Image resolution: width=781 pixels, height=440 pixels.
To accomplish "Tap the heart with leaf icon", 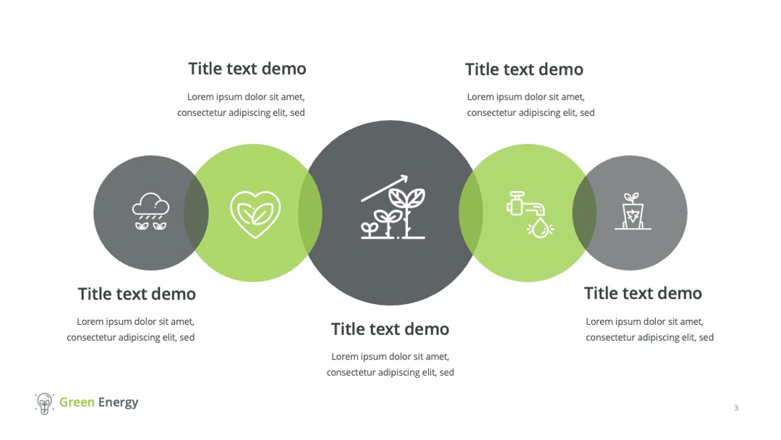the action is tap(255, 213).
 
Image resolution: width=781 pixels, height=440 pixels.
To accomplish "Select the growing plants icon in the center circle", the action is tap(393, 207).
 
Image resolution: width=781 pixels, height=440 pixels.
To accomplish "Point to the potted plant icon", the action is tap(633, 211).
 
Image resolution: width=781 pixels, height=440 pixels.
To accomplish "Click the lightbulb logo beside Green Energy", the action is tap(44, 403).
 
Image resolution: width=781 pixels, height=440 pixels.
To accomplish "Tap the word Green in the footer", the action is tap(77, 402).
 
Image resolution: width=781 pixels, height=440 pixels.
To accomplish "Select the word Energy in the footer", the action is tap(118, 402).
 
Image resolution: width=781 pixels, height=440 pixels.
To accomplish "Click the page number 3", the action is tap(736, 407).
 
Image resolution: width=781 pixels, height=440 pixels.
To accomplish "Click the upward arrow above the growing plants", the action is tap(384, 188).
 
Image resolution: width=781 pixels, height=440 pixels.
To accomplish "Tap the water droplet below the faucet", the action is tap(540, 229).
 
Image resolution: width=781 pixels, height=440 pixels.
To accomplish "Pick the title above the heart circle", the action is tap(247, 69).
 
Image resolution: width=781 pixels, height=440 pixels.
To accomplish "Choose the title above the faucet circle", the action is tap(524, 69).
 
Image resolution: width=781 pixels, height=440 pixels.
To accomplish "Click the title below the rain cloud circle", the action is tap(137, 294).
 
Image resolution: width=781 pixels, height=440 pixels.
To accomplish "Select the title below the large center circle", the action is tap(390, 329).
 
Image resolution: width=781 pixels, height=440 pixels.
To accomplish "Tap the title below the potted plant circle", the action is tap(643, 294).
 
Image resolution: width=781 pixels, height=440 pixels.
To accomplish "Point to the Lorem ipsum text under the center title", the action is tap(390, 364).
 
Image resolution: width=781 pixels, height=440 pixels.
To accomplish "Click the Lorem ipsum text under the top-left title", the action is tap(241, 105).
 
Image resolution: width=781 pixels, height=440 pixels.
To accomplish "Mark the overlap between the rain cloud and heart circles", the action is tap(196, 213).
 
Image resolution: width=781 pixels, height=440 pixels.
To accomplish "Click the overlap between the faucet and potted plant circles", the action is tap(584, 213).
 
